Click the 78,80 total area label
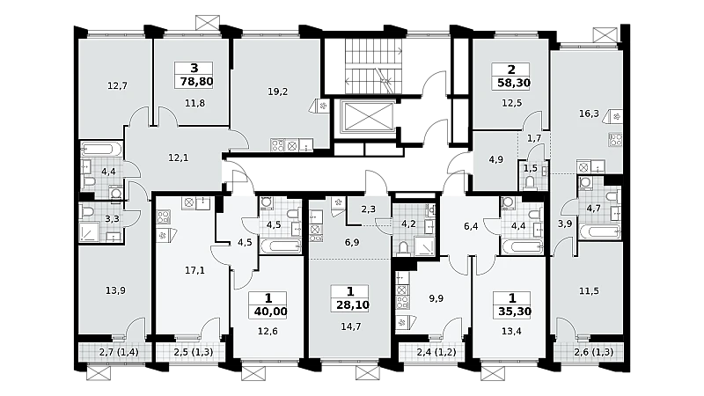[196, 82]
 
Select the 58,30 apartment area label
[514, 83]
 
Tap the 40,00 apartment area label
[270, 312]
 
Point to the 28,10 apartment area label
[353, 305]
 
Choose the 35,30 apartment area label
[515, 312]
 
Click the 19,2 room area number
[277, 92]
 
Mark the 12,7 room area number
[117, 85]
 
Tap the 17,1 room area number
[194, 270]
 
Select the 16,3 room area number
[589, 114]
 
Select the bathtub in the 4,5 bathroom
[281, 246]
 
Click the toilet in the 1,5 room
[530, 182]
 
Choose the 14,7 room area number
[350, 326]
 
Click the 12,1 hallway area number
[179, 158]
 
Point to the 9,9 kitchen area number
[436, 298]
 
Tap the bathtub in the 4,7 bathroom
[600, 232]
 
